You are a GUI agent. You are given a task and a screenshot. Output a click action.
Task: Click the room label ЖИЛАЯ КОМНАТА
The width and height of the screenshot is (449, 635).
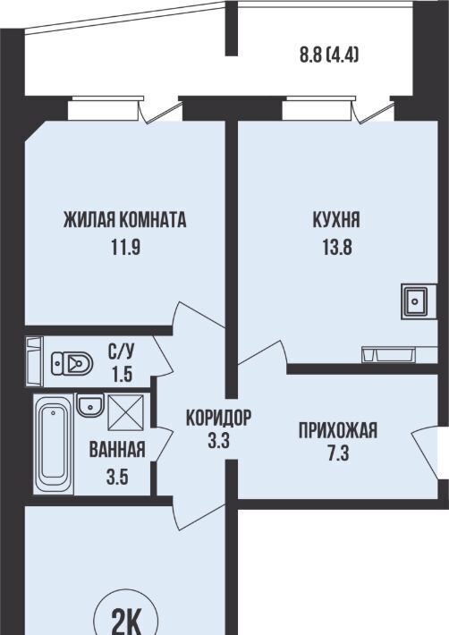point(124,220)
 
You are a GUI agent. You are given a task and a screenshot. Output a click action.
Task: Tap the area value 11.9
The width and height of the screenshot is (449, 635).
point(126,247)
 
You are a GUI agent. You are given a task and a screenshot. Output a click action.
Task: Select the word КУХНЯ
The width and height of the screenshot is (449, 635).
point(336,220)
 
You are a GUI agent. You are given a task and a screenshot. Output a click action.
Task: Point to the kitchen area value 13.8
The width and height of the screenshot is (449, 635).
point(337,247)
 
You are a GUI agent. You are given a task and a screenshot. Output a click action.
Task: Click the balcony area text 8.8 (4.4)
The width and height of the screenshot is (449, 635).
point(329,55)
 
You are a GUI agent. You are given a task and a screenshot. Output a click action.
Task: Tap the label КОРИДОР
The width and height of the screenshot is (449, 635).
point(218,418)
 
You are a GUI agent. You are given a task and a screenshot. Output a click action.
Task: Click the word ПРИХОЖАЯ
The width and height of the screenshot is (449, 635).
point(338,430)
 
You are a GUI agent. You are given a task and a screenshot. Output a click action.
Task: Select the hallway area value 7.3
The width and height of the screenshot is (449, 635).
point(338,454)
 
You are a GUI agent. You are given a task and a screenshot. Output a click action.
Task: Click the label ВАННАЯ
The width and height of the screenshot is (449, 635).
point(117,450)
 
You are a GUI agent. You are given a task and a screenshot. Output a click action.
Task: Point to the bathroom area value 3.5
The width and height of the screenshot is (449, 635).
point(117,477)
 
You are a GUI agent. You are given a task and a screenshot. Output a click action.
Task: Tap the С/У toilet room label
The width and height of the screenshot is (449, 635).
point(121,351)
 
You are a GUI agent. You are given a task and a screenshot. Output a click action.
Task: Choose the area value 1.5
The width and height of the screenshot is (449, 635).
point(121,374)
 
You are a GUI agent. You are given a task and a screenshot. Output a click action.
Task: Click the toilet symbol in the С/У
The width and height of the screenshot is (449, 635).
point(72,363)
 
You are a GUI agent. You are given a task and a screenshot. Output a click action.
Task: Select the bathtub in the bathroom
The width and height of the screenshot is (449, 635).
point(54,444)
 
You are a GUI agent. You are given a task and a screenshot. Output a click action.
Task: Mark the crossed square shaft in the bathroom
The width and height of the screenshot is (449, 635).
point(125,412)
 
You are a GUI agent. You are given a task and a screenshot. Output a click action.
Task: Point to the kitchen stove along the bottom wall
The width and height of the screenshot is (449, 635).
point(388,354)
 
